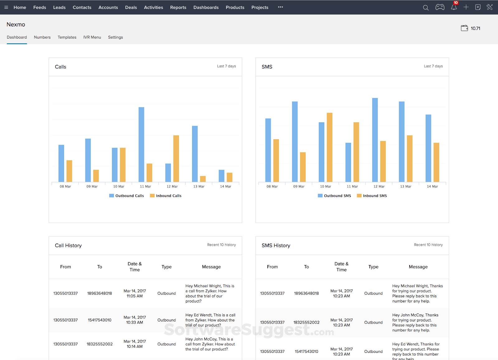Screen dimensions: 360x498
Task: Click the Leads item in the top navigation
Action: (59, 7)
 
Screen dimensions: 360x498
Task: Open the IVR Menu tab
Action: (92, 37)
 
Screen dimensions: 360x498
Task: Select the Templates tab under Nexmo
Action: (67, 37)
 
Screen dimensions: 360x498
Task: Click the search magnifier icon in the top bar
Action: (425, 7)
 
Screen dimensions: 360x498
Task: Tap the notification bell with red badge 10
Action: (454, 7)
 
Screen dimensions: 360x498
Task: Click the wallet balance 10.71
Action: (471, 28)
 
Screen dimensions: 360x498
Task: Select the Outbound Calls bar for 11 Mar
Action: (141, 144)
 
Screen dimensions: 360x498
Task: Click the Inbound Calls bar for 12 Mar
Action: (176, 158)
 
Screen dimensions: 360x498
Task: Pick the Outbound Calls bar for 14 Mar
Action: (222, 176)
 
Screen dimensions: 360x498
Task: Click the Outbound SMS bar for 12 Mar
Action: (375, 140)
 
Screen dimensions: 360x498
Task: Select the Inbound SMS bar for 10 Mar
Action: (330, 147)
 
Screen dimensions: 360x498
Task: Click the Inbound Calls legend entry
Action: (166, 196)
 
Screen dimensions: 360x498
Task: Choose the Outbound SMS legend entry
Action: (334, 196)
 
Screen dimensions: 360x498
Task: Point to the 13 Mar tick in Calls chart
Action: (199, 186)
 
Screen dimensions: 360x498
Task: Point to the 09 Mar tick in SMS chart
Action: (299, 186)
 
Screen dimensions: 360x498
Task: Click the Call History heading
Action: (68, 245)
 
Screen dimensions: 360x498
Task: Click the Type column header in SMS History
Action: (373, 267)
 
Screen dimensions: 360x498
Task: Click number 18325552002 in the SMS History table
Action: (306, 322)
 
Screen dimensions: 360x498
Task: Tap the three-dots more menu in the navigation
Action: (280, 7)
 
